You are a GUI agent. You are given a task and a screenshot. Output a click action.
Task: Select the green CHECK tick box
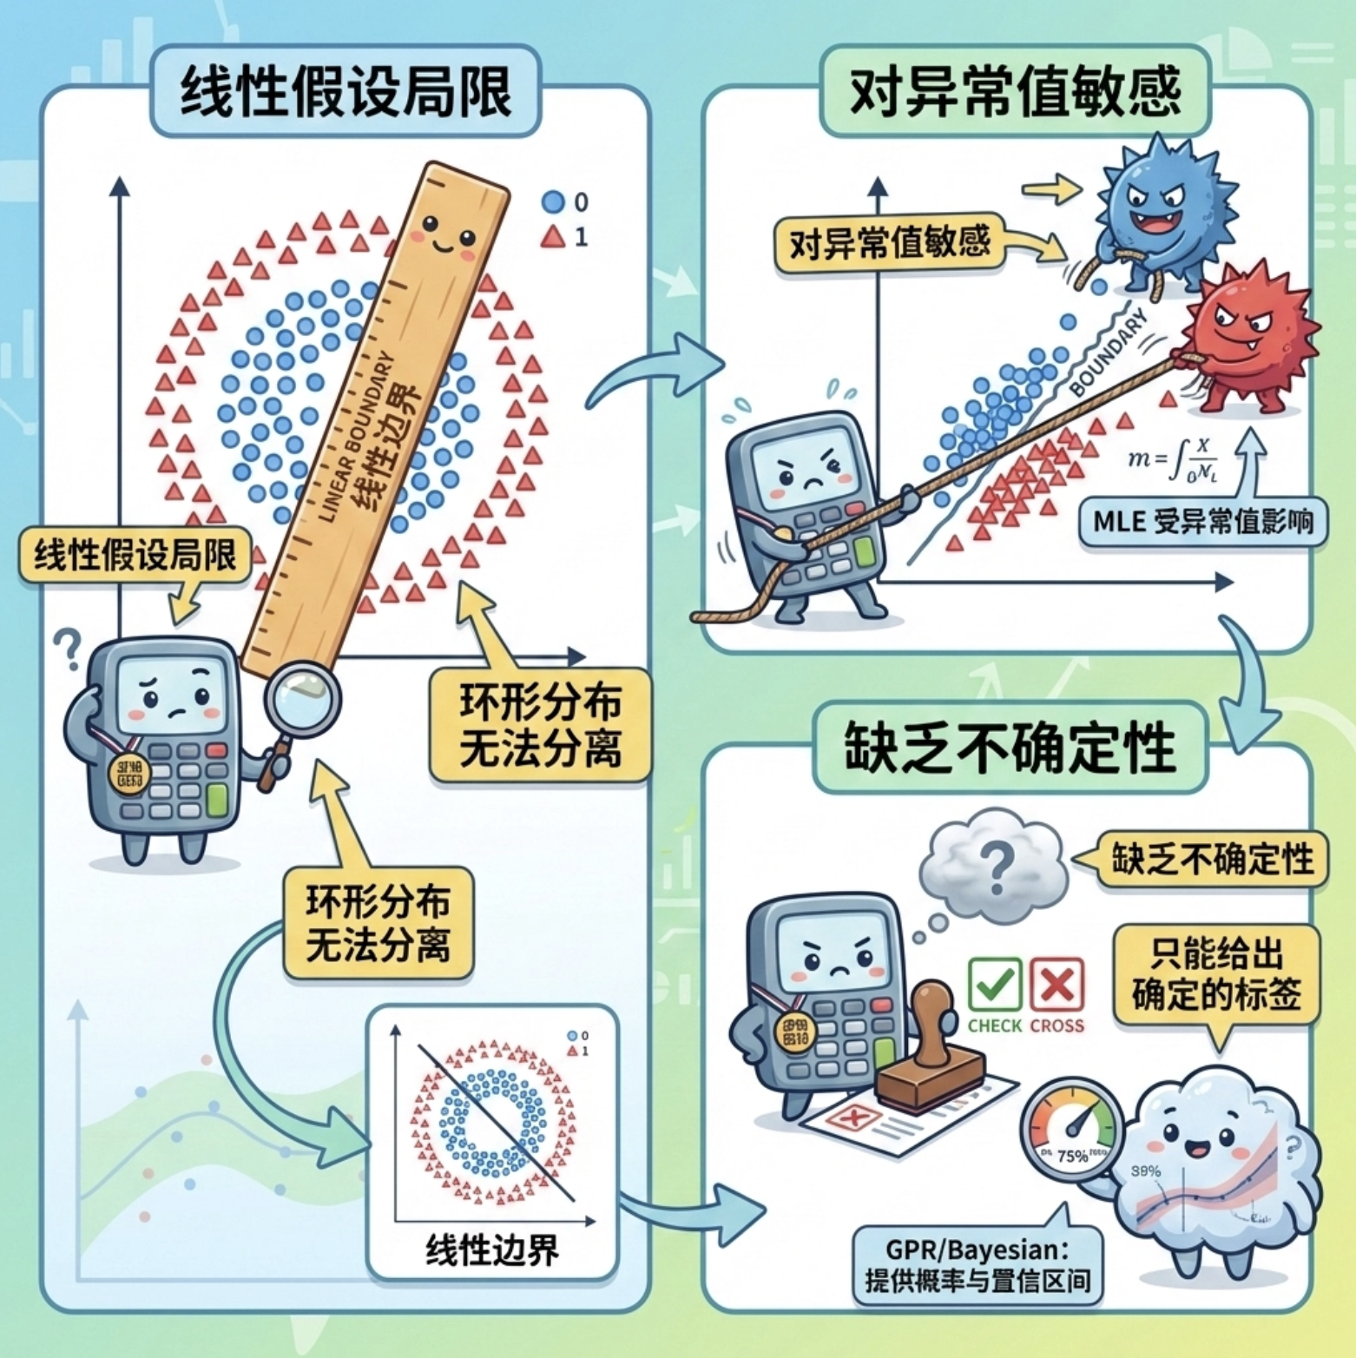pos(994,985)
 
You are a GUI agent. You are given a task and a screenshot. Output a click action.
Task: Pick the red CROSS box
pos(1056,985)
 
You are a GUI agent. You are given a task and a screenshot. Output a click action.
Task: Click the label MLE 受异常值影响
pos(1202,522)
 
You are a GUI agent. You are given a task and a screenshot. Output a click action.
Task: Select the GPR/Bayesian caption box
pos(978,1264)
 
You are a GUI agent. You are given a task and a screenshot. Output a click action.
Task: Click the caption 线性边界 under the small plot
pos(492,1250)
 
